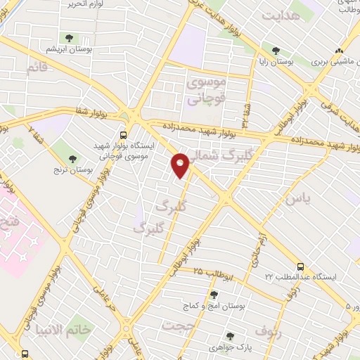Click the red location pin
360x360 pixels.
(181, 165)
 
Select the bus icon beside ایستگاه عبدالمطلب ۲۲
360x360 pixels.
(301, 266)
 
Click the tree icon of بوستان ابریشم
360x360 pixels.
(67, 39)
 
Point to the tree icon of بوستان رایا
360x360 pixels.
(276, 51)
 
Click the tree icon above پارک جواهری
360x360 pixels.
(229, 336)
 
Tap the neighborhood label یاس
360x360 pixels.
(297, 200)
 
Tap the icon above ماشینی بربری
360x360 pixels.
(340, 51)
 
